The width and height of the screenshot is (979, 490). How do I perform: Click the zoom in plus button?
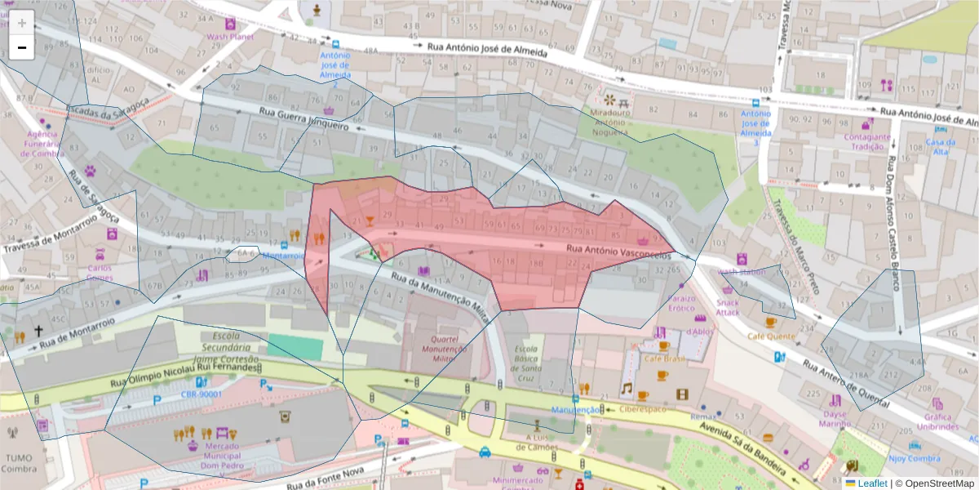21,23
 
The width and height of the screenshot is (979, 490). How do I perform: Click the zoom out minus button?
21,47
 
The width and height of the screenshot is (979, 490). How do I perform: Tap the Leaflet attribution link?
871,483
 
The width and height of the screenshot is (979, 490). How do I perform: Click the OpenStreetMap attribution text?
934,483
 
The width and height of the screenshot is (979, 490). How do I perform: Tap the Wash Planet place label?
229,37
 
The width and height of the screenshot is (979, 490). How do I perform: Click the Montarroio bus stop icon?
283,244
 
